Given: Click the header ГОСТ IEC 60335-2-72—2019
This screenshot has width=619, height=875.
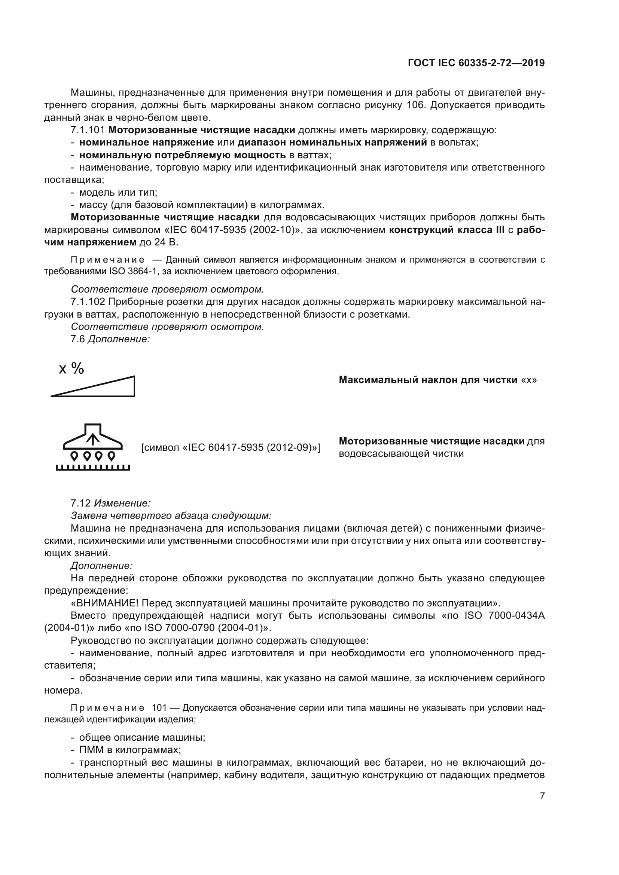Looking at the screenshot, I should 476,63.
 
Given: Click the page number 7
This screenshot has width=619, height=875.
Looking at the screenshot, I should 542,796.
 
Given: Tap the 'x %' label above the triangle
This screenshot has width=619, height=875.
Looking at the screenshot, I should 71,368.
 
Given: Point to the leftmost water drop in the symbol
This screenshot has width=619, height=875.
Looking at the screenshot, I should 75,455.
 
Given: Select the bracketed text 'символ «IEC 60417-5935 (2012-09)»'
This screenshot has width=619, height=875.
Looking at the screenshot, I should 231,447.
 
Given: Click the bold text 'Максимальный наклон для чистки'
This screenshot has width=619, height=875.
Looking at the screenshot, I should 428,380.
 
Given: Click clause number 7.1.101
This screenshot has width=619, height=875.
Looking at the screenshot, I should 88,130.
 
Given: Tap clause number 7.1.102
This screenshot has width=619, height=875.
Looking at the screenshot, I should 88,302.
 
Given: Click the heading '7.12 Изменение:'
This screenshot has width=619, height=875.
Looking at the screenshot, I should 110,503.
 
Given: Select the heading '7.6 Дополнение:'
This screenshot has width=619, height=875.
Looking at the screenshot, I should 110,339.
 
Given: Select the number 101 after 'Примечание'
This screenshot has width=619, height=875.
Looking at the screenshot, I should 159,708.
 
